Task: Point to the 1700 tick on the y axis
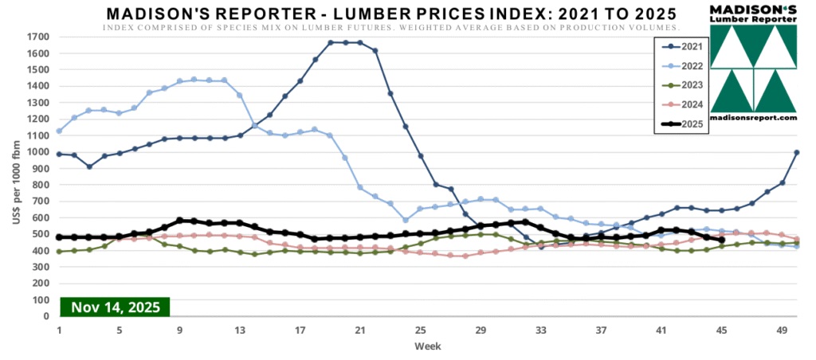pyautogui.click(x=37, y=37)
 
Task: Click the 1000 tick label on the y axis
pyautogui.click(x=37, y=151)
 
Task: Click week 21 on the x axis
pyautogui.click(x=359, y=329)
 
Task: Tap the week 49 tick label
pyautogui.click(x=781, y=329)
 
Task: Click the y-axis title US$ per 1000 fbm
pyautogui.click(x=15, y=177)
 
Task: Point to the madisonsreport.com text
pyautogui.click(x=754, y=118)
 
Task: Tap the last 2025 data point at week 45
pyautogui.click(x=721, y=240)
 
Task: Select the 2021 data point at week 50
pyautogui.click(x=797, y=152)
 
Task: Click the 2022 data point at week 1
pyautogui.click(x=59, y=131)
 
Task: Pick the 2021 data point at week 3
pyautogui.click(x=89, y=166)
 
